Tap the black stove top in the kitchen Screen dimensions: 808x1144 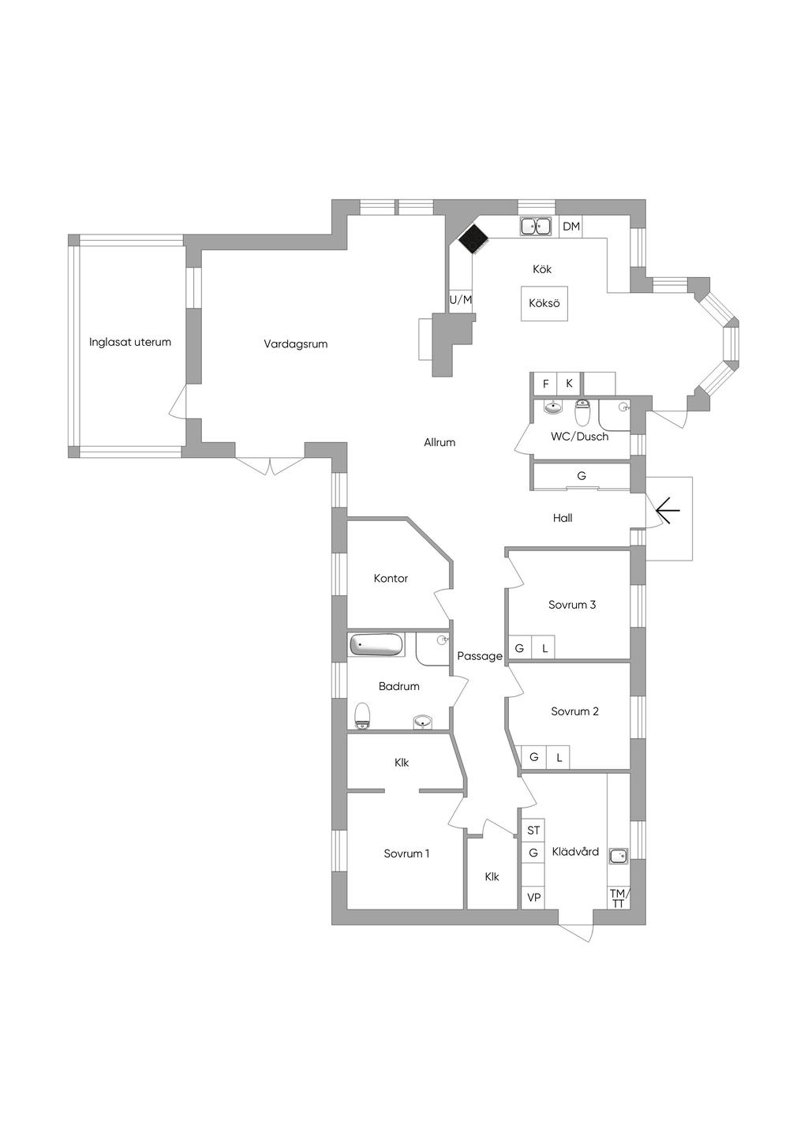472,238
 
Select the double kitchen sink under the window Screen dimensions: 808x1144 536,226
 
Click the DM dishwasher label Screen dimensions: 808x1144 571,227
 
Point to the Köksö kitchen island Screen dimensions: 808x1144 544,303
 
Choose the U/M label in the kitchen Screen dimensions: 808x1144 460,300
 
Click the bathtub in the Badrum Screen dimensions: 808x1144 376,644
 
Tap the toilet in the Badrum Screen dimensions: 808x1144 362,715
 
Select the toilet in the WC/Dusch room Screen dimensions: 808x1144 582,413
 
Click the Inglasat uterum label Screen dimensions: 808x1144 129,342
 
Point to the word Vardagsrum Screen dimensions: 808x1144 296,344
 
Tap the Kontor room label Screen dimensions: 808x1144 391,579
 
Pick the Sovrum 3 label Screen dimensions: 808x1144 571,605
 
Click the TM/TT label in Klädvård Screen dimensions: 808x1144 619,898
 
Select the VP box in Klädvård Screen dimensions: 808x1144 533,897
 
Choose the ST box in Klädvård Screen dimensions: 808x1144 533,831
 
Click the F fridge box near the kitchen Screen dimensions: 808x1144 546,383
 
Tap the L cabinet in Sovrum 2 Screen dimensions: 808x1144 559,757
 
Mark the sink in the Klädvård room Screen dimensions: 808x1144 619,856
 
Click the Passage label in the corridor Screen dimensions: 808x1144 479,656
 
